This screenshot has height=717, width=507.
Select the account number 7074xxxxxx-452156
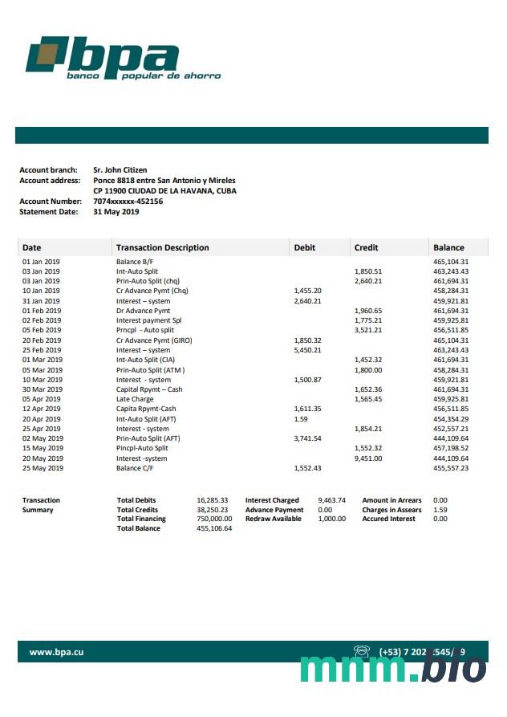click(x=128, y=202)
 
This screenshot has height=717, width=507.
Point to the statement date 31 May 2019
click(x=116, y=212)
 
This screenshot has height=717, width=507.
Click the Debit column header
click(x=305, y=247)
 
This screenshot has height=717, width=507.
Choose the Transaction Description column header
click(x=162, y=247)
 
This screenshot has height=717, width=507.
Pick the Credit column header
click(x=366, y=247)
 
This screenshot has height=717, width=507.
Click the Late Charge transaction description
click(x=134, y=399)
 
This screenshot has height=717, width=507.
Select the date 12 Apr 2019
click(x=42, y=409)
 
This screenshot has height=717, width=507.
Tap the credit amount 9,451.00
click(x=368, y=458)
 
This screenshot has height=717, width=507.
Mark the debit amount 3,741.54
click(x=308, y=438)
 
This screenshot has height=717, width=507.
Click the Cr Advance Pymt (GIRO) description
click(x=154, y=340)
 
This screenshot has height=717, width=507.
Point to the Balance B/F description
click(x=135, y=262)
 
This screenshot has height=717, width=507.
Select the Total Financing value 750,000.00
click(x=215, y=519)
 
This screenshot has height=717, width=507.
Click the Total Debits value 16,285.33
click(x=213, y=500)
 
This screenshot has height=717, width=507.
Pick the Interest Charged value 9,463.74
click(x=331, y=500)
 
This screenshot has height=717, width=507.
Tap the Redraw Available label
click(x=274, y=519)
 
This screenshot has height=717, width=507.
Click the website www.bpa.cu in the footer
click(x=56, y=652)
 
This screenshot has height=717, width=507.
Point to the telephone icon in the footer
click(x=361, y=651)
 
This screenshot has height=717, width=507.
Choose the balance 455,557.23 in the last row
click(x=450, y=467)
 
